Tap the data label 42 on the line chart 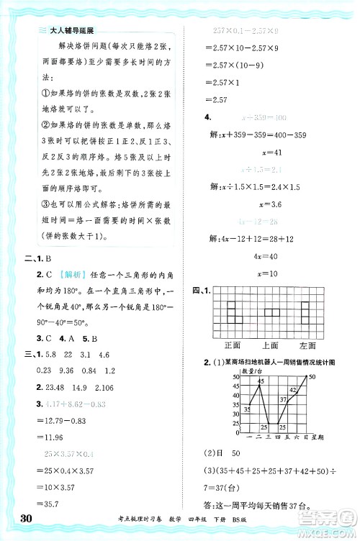click(293, 389)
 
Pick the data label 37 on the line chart click(282, 400)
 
